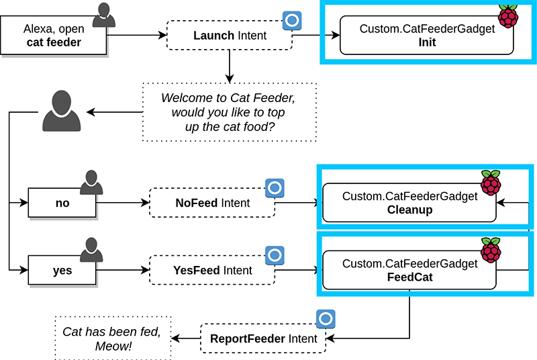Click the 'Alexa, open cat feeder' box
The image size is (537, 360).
click(x=53, y=36)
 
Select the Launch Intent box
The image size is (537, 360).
click(x=230, y=35)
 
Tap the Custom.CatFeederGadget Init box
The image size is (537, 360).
click(x=426, y=36)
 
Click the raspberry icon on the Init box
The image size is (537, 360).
click(x=508, y=15)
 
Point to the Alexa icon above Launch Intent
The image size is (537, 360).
click(x=291, y=21)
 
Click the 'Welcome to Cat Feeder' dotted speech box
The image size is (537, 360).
click(x=229, y=111)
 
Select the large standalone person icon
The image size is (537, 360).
click(x=61, y=111)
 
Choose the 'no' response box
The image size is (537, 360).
click(x=62, y=202)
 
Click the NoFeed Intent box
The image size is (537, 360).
click(x=212, y=202)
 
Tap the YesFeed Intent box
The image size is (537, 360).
click(x=212, y=270)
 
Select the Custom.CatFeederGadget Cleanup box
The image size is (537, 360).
click(x=409, y=203)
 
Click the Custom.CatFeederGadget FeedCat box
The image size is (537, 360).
click(x=409, y=270)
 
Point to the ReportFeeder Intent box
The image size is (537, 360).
click(x=264, y=338)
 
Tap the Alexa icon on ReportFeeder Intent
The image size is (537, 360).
click(x=326, y=318)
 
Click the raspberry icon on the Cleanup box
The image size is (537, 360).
click(x=491, y=183)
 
